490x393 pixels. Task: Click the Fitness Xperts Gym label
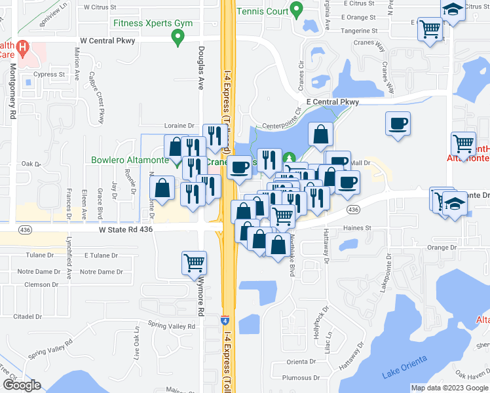pyautogui.click(x=153, y=23)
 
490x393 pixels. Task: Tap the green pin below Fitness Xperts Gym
pyautogui.click(x=177, y=37)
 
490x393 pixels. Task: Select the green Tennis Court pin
pyautogui.click(x=296, y=10)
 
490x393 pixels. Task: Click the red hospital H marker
pyautogui.click(x=22, y=48)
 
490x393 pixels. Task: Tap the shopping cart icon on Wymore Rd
pyautogui.click(x=194, y=263)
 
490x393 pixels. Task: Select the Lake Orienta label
pyautogui.click(x=404, y=367)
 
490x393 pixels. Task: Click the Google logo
pyautogui.click(x=22, y=385)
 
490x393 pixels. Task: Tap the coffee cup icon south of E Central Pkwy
pyautogui.click(x=398, y=124)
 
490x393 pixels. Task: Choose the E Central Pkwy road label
pyautogui.click(x=333, y=102)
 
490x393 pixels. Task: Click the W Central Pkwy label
pyautogui.click(x=107, y=41)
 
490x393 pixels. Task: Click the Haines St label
pyautogui.click(x=358, y=228)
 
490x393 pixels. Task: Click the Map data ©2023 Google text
pyautogui.click(x=449, y=388)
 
